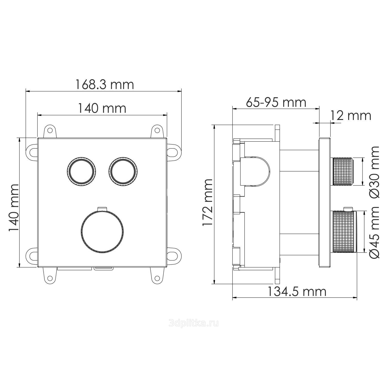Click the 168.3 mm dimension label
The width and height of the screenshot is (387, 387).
tap(104, 85)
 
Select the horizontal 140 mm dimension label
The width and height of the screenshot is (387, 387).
tap(102, 108)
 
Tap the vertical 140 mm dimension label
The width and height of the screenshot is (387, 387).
tap(14, 208)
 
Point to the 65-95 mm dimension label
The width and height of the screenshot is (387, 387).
tap(276, 102)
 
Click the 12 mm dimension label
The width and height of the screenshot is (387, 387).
tap(351, 116)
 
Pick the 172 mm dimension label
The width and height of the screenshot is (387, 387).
tap(208, 203)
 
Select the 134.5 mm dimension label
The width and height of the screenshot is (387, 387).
tap(296, 292)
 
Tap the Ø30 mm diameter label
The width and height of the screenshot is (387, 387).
tap(375, 172)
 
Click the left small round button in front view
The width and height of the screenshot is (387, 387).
tap(82, 171)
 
